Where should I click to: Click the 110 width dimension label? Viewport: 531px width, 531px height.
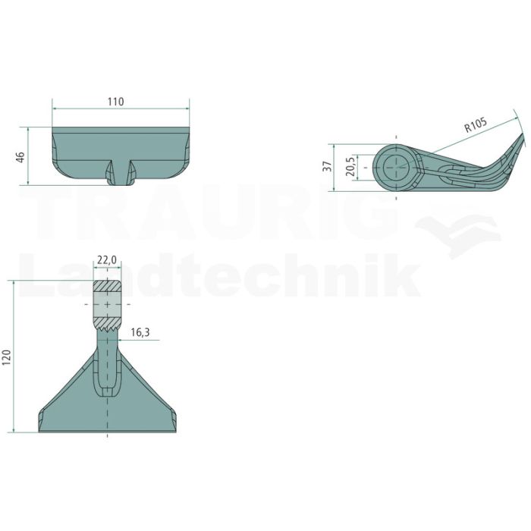pyautogui.click(x=116, y=102)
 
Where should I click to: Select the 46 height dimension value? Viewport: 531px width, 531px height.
pyautogui.click(x=20, y=157)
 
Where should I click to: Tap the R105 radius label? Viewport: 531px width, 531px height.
pyautogui.click(x=476, y=125)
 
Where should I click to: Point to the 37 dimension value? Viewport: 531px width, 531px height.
pyautogui.click(x=328, y=166)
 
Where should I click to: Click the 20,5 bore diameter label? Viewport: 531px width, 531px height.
pyautogui.click(x=350, y=167)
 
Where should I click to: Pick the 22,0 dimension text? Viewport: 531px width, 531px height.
pyautogui.click(x=107, y=260)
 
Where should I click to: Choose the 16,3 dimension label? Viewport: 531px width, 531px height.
pyautogui.click(x=140, y=332)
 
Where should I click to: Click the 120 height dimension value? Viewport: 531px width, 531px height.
pyautogui.click(x=7, y=357)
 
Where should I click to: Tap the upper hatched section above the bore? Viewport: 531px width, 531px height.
pyautogui.click(x=108, y=286)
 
